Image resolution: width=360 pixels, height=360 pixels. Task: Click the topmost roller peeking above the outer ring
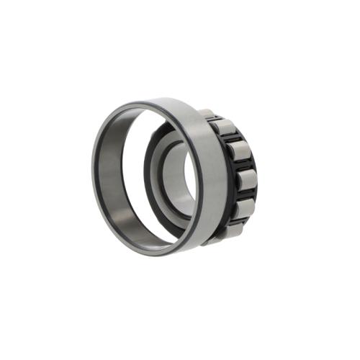207,113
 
